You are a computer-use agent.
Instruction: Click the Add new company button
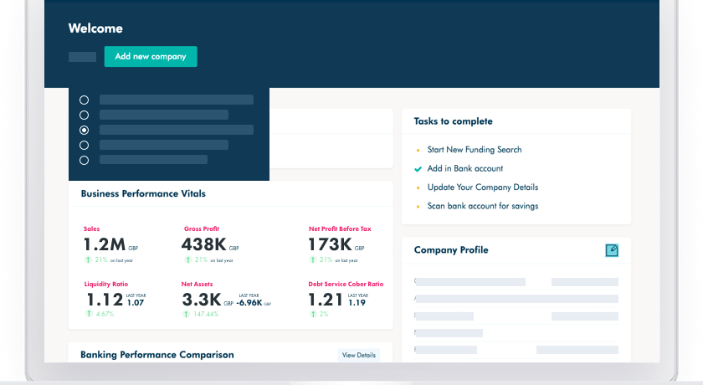(x=151, y=57)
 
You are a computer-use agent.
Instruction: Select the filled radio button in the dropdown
(x=84, y=131)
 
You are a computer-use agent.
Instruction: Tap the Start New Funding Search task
(x=474, y=150)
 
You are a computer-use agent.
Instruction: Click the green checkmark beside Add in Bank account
(x=418, y=169)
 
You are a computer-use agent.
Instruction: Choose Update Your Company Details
(x=482, y=187)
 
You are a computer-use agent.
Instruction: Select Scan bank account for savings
(x=482, y=206)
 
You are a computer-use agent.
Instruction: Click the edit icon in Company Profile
(x=611, y=250)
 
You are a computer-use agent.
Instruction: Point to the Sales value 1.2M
(x=105, y=245)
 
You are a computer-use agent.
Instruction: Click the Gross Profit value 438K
(x=203, y=245)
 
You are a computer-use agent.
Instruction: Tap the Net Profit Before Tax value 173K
(x=329, y=245)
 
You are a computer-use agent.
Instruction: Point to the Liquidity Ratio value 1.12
(x=103, y=300)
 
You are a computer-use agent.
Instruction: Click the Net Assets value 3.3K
(x=201, y=300)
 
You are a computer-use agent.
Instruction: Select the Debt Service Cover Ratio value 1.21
(x=326, y=300)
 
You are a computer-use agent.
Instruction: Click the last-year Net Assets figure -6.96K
(x=250, y=303)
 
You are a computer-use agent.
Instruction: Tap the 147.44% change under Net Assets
(x=205, y=315)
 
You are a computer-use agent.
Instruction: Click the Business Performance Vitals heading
(x=143, y=193)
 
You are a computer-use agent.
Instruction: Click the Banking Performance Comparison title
(x=157, y=355)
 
